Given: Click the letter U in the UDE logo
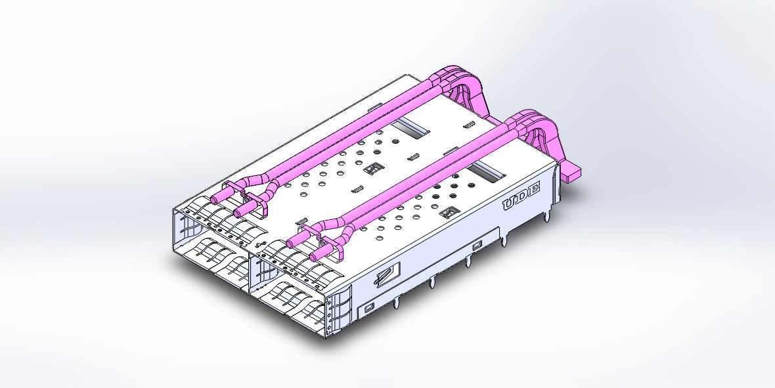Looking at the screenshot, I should [x=510, y=204].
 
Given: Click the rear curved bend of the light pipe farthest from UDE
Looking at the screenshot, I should [x=463, y=81].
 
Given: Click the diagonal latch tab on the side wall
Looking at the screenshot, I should [x=387, y=276].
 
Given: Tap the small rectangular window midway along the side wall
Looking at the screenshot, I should [x=477, y=245].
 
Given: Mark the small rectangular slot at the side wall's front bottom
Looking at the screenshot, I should [x=368, y=307].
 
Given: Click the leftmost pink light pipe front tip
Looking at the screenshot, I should [x=215, y=199].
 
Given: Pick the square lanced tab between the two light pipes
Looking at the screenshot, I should [x=372, y=169].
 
